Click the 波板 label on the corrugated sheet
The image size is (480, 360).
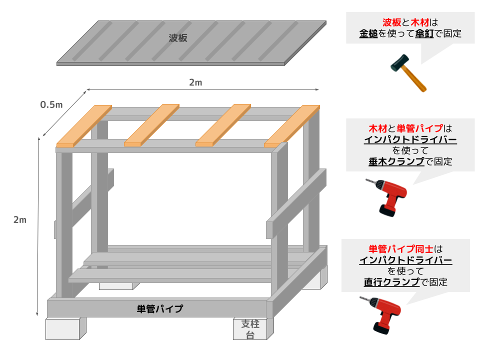(178, 38)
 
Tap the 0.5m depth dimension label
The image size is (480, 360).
(51, 104)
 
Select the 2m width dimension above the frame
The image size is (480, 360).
(195, 82)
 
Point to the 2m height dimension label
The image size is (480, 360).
(20, 220)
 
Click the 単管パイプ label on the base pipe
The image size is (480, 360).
(160, 308)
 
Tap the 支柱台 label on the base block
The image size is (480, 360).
(250, 329)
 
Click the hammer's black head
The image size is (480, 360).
(399, 63)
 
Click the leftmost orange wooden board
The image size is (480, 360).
(84, 126)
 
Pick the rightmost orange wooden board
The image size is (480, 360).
(292, 126)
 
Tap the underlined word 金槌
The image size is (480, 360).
(368, 33)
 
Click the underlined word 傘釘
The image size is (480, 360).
(424, 33)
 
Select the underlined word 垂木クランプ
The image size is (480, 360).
(396, 161)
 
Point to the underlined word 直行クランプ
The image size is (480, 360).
(392, 282)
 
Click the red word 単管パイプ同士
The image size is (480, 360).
(401, 249)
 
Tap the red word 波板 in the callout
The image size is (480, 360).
(392, 22)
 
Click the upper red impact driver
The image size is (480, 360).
(386, 197)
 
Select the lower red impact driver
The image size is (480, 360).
(380, 314)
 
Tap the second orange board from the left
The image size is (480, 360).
(152, 125)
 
